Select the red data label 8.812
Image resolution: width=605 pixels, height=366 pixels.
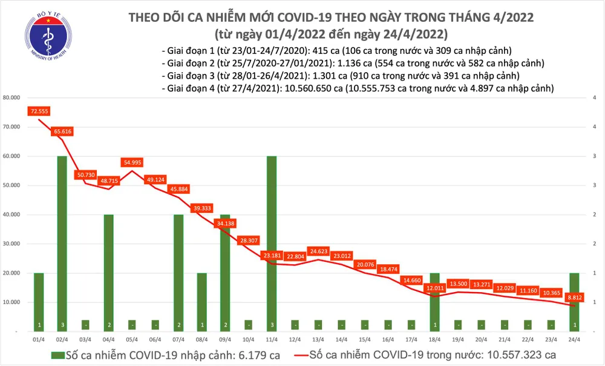(575, 298)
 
